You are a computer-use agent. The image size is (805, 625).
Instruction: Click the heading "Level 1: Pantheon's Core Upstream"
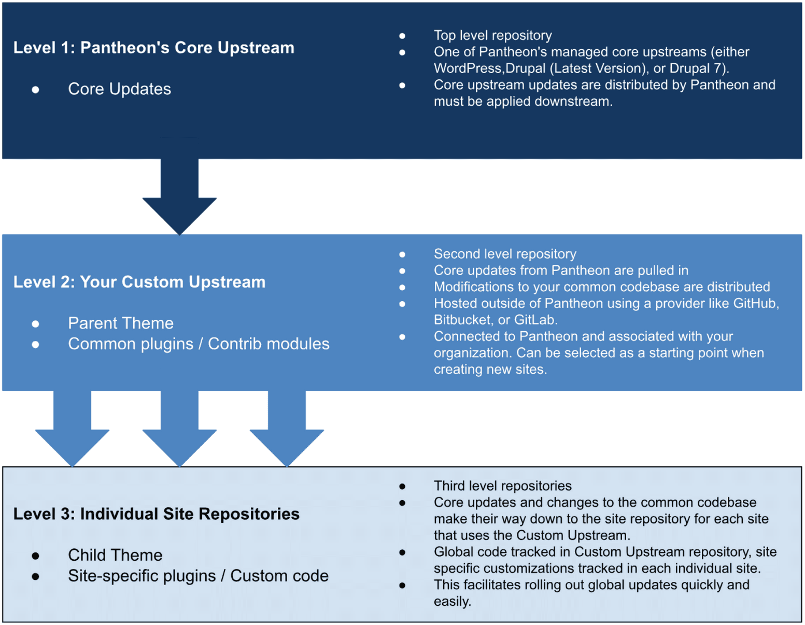pos(153,48)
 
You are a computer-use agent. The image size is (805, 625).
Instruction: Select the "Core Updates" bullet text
pos(119,89)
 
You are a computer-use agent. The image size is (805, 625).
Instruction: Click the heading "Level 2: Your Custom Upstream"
pos(139,282)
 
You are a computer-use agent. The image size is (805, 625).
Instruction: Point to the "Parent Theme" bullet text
pos(120,323)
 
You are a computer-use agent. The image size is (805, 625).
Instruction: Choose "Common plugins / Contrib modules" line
pos(199,344)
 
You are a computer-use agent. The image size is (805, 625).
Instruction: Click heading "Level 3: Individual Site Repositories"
pos(156,514)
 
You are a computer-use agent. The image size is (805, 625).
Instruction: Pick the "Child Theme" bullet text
pos(115,555)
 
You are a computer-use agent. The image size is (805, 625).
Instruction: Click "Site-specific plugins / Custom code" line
pos(198,576)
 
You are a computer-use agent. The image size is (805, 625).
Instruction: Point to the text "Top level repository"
pos(492,35)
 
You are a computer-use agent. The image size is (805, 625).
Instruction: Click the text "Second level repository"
pos(504,254)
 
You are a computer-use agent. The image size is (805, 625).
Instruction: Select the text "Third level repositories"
pos(502,486)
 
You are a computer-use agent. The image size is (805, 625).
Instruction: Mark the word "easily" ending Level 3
pos(451,602)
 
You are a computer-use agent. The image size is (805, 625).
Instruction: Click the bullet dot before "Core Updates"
pos(35,90)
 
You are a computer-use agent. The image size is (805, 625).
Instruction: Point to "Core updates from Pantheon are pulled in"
pos(561,271)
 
